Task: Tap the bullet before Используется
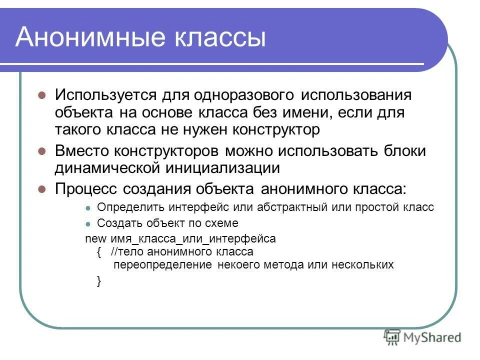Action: click(42, 95)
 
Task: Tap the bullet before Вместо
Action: click(42, 151)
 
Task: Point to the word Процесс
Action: click(88, 189)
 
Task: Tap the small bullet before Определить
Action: click(88, 208)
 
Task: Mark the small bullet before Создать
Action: click(88, 223)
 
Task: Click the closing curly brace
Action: click(98, 281)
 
